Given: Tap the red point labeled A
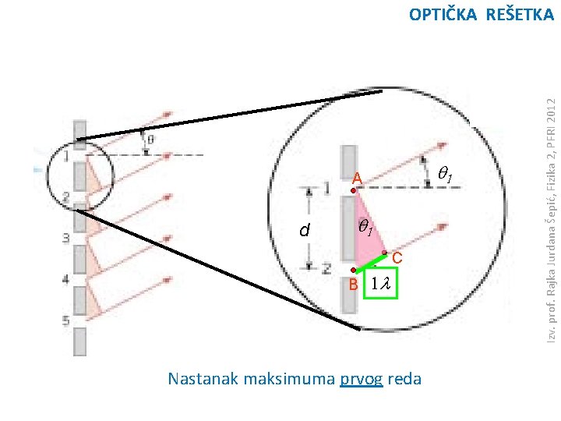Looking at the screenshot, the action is pos(353,190).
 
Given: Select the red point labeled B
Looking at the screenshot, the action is pos(353,271).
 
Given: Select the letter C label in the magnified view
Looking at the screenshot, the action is pos(397,258).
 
